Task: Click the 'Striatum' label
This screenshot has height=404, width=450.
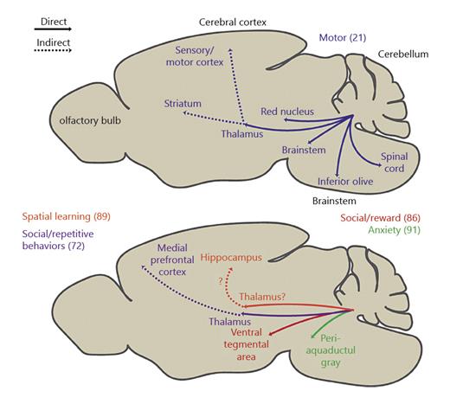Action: (183, 104)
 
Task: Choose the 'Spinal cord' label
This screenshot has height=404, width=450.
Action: (395, 163)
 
